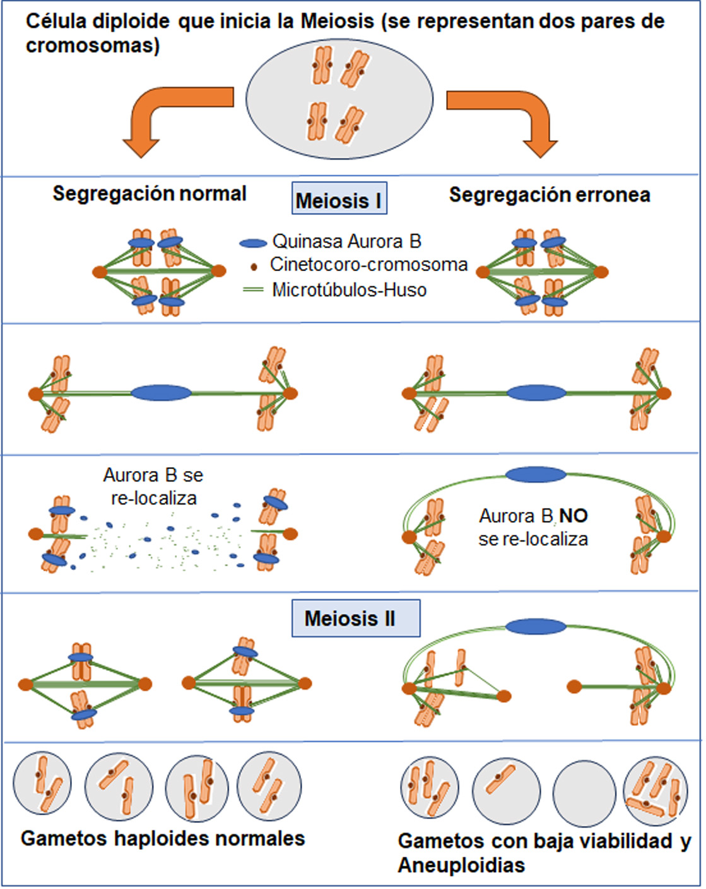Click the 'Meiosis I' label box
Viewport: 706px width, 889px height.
point(339,200)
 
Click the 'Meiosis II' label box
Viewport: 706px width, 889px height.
point(356,618)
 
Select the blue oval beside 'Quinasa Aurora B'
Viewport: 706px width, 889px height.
point(253,243)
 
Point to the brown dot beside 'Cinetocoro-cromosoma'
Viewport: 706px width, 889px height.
point(254,267)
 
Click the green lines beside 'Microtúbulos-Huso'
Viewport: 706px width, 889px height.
point(253,290)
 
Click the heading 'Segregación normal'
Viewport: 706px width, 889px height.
point(150,193)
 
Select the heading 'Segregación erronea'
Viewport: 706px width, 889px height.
point(550,195)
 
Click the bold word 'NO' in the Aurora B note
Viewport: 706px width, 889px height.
point(574,516)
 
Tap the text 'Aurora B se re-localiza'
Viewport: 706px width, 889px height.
point(153,486)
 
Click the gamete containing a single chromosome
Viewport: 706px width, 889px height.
point(505,790)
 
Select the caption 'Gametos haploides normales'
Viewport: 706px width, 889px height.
point(163,839)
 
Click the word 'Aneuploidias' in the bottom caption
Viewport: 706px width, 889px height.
point(461,865)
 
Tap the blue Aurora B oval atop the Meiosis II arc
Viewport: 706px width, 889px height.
point(536,627)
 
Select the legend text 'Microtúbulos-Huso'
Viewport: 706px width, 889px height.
point(350,290)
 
